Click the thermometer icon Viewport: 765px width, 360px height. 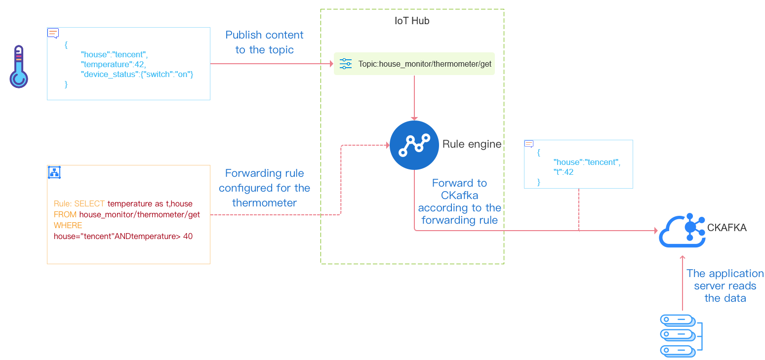pos(19,67)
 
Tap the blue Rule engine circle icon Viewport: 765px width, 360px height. pos(414,145)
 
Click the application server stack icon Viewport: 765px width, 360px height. pos(681,335)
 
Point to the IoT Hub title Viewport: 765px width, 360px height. pos(412,21)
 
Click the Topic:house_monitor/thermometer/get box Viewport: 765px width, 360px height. pos(414,64)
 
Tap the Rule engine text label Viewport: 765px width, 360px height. pos(472,144)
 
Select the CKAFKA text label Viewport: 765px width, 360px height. pos(727,228)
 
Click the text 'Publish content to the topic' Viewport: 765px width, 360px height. pos(264,42)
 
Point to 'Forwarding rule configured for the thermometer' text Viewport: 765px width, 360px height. pos(264,188)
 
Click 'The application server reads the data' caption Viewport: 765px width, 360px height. pos(725,285)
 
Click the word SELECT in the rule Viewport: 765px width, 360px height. pos(89,203)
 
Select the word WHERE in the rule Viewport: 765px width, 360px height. pos(68,225)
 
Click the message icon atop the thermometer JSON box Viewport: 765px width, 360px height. pos(53,33)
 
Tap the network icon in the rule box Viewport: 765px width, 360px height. pos(54,172)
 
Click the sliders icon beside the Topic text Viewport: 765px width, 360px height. pos(346,64)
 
